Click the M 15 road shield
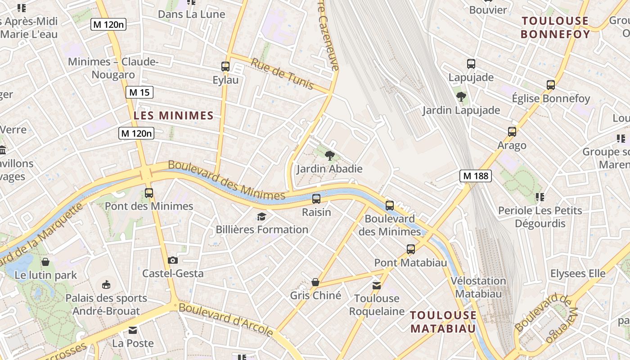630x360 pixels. [139, 93]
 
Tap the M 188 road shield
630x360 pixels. [475, 176]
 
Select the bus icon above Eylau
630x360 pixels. [225, 67]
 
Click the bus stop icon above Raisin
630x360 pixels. [316, 198]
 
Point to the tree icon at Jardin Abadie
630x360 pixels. [330, 156]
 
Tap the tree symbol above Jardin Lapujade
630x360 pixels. [461, 96]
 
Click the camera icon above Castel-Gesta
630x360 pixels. [172, 260]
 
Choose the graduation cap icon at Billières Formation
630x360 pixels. [261, 217]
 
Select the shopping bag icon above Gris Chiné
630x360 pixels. [315, 282]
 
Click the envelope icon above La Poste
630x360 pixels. [132, 330]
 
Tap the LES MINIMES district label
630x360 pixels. [173, 116]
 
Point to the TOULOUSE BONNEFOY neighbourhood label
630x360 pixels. [555, 27]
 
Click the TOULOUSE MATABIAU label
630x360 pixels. [443, 321]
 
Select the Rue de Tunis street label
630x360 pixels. [282, 74]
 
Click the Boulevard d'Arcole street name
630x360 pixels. [226, 320]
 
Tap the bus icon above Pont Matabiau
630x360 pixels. [410, 249]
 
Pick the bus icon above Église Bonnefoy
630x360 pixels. [550, 85]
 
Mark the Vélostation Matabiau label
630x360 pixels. [478, 287]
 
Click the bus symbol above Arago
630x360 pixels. [512, 132]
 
